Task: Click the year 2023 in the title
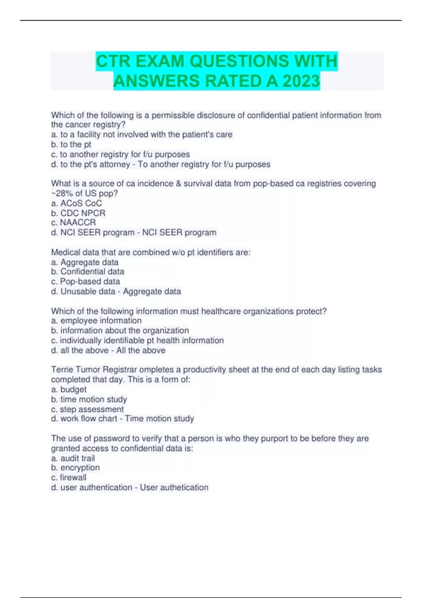tap(301, 81)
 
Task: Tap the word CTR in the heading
tap(113, 61)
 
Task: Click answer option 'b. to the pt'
tap(71, 144)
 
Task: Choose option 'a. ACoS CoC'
tap(76, 203)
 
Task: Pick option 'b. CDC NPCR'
tap(78, 213)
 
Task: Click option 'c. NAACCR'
tap(73, 222)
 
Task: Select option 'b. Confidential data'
tap(88, 271)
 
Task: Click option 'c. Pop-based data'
tap(85, 281)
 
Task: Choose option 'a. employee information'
tap(96, 320)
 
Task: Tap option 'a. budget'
tap(69, 389)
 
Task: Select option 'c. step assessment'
tap(87, 409)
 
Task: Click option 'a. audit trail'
tap(73, 458)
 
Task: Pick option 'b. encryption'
tap(75, 467)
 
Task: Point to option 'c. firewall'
tap(69, 477)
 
